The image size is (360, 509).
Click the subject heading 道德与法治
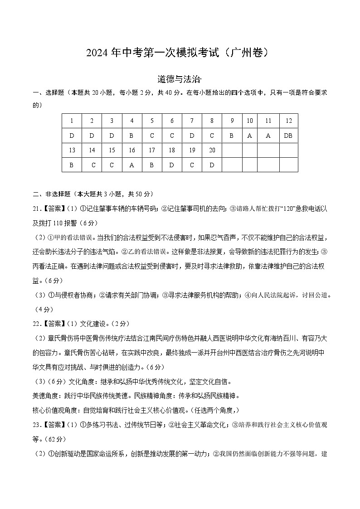tap(179, 80)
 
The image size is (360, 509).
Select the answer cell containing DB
tap(288, 135)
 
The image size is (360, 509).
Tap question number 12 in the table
tap(288, 121)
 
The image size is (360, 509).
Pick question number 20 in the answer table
tap(212, 150)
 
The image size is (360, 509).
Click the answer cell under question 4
tap(132, 135)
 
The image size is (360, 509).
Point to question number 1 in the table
tap(72, 121)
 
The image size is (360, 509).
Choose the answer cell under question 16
tap(132, 165)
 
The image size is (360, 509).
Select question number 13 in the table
tap(72, 150)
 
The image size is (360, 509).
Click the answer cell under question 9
tap(232, 135)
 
